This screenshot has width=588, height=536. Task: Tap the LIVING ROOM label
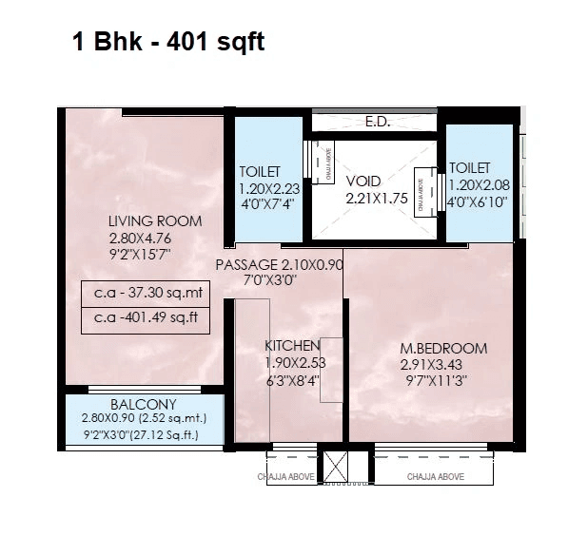(154, 221)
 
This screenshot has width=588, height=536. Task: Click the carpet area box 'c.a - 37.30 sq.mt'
(145, 294)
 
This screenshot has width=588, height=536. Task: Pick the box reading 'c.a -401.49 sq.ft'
(145, 318)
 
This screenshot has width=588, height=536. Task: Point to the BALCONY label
(143, 404)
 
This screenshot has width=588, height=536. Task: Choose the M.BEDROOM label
(443, 348)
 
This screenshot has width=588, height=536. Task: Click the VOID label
(363, 181)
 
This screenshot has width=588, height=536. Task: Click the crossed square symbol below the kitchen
(338, 465)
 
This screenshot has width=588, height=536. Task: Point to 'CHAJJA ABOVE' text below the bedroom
(436, 476)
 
